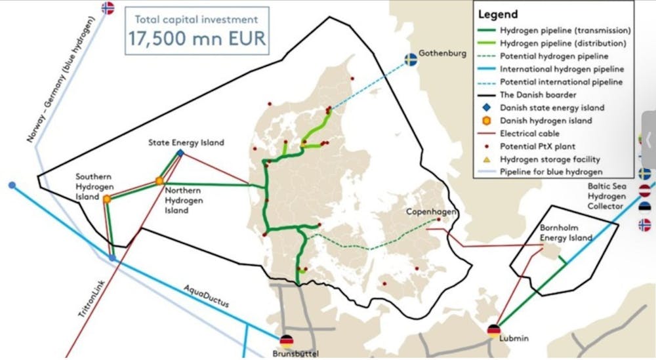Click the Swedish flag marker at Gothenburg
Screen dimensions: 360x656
coord(411,60)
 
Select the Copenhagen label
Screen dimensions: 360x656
coord(430,212)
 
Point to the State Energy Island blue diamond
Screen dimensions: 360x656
coord(180,153)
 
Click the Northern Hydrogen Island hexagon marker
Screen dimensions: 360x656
coord(159,181)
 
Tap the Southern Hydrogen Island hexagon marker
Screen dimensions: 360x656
coord(106,197)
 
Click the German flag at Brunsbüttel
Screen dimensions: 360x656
coord(286,341)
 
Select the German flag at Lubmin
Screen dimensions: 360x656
coord(494,330)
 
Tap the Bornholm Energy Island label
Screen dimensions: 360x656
coord(565,233)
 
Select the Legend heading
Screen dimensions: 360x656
coord(499,14)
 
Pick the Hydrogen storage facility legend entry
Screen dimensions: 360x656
coord(550,159)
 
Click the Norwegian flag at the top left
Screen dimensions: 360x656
coord(108,8)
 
